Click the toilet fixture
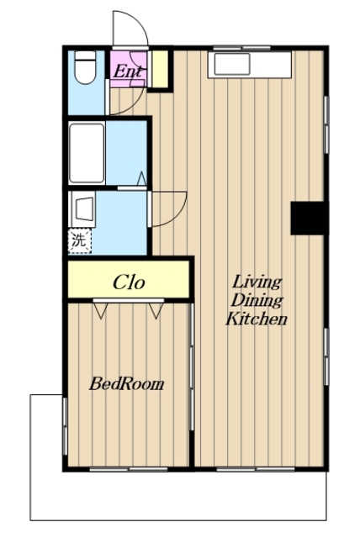(85, 67)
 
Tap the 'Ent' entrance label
(127, 71)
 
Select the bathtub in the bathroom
(87, 153)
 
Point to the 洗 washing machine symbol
(80, 241)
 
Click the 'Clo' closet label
(129, 282)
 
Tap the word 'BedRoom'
(127, 384)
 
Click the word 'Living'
(257, 282)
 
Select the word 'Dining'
(256, 301)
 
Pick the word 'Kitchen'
(256, 319)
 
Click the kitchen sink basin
(231, 64)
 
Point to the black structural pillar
(308, 219)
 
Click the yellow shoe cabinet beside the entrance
(160, 69)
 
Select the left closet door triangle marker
(100, 310)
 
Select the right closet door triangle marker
(156, 310)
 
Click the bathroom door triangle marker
(142, 178)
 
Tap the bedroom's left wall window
(65, 426)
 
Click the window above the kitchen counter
(242, 48)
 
